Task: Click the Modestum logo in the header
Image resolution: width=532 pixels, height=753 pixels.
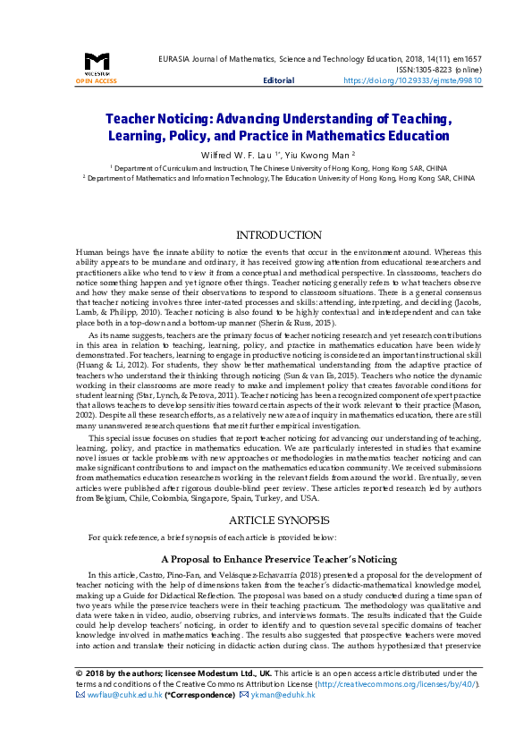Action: (97, 63)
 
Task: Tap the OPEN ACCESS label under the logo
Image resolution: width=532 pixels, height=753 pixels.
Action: (97, 80)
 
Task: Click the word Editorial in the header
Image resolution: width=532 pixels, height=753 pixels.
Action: (278, 80)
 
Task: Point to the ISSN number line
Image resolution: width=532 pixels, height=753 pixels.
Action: (440, 67)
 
